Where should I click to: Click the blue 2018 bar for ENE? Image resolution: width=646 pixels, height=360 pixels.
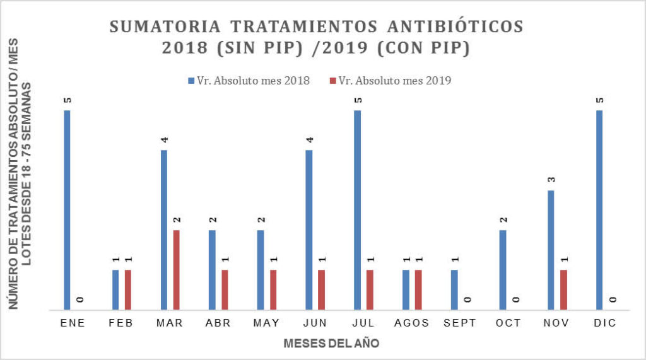[x=67, y=210]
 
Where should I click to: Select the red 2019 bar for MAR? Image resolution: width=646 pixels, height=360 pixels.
[x=176, y=270]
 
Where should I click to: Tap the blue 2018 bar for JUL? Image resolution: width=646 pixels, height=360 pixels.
[x=358, y=210]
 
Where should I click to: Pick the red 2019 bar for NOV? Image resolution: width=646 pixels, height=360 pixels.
[x=563, y=290]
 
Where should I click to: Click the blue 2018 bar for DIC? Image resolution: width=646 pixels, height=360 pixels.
[x=599, y=210]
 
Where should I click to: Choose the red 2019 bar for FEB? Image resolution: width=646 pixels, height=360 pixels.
[x=128, y=290]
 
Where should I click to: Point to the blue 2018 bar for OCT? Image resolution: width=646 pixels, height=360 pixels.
[x=503, y=270]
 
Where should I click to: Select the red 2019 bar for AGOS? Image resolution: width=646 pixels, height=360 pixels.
[x=418, y=290]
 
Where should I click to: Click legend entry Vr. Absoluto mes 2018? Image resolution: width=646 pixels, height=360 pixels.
[x=249, y=80]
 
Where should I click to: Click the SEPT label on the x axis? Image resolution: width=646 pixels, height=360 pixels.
[x=460, y=323]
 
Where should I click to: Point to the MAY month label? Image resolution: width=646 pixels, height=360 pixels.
[x=266, y=323]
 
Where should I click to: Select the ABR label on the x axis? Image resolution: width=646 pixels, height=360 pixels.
[x=218, y=323]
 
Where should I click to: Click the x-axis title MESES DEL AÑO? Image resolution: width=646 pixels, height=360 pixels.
[x=331, y=344]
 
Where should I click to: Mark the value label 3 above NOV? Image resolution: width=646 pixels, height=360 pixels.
[x=551, y=180]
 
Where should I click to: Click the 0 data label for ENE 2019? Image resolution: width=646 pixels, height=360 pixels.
[x=79, y=300]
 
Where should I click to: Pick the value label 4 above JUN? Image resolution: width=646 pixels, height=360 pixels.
[x=309, y=139]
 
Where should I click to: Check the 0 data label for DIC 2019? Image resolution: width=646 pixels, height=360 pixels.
[x=612, y=300]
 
